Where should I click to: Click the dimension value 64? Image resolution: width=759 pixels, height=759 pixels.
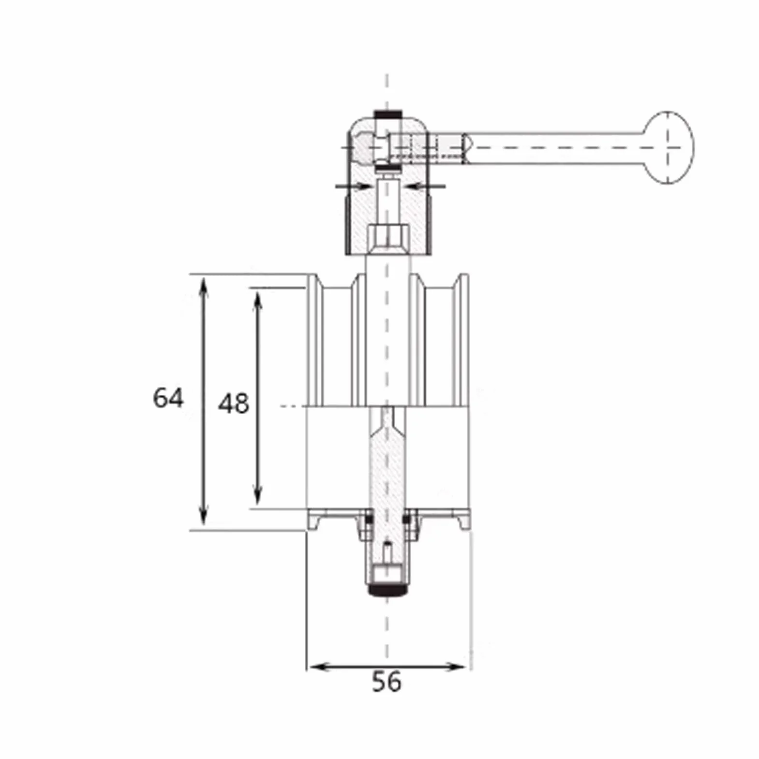tap(168, 398)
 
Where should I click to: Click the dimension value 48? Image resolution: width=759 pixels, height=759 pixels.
tap(233, 403)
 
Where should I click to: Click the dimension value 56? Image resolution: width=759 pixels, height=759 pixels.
tap(387, 682)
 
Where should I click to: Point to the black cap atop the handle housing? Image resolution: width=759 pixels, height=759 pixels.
tap(387, 114)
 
